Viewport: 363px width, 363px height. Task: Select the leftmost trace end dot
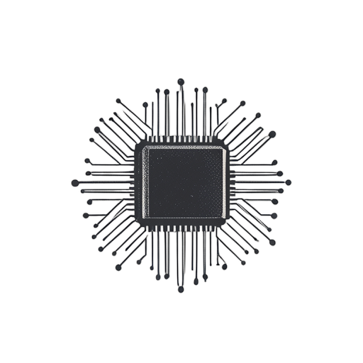74,182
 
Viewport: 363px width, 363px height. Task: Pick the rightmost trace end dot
289,182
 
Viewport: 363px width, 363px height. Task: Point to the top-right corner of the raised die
225,147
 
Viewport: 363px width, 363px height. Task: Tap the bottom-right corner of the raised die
224,219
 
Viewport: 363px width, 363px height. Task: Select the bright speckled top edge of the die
184,147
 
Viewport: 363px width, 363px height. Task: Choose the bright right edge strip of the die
224,183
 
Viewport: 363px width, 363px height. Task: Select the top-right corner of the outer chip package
230,141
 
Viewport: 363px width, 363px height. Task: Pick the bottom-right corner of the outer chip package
230,226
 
